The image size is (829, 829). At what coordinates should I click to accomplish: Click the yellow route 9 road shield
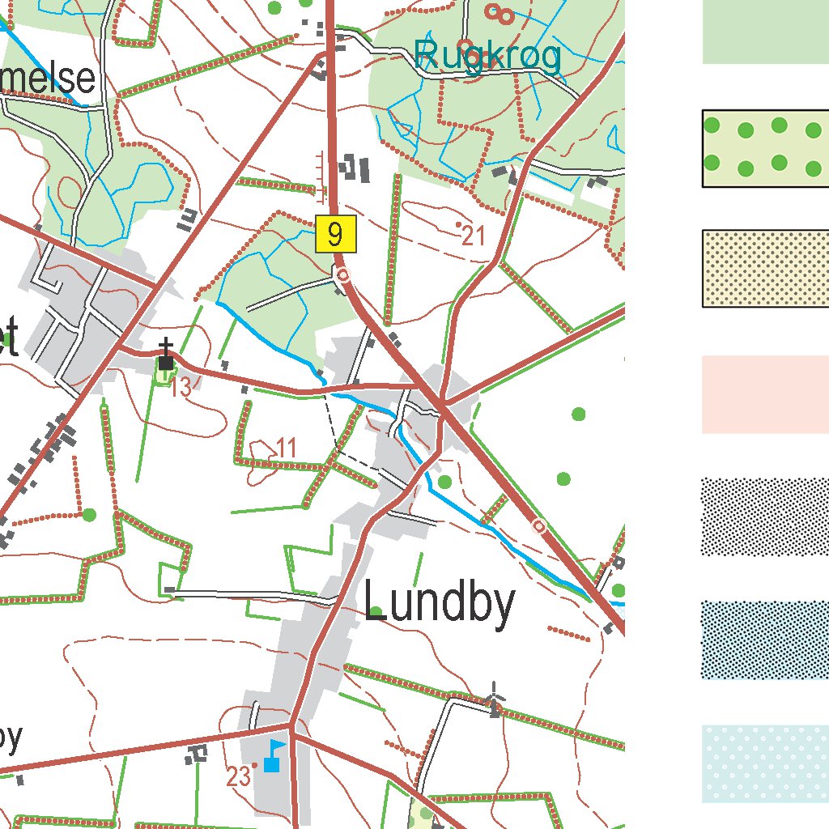coord(335,235)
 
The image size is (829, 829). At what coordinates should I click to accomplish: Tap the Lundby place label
coord(440,603)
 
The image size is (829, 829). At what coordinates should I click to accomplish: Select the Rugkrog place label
coord(487,57)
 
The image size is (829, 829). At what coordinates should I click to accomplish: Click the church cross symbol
coord(166,356)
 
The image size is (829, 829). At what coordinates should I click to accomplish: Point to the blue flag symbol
coord(274,755)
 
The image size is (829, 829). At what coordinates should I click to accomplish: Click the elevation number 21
coord(474,236)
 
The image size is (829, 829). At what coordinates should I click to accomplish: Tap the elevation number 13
coord(181,388)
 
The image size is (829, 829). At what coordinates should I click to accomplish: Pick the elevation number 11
coord(286,447)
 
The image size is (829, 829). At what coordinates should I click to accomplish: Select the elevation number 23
coord(238,777)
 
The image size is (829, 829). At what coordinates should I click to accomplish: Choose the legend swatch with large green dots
coord(765,149)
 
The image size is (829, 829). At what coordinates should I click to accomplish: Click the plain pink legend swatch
coord(765,394)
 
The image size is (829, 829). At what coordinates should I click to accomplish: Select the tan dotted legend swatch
coord(765,269)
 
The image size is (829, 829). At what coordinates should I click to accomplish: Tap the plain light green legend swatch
coord(765,32)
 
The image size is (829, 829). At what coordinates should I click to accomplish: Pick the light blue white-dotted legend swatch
coord(765,763)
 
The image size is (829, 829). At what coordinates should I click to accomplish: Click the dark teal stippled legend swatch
coord(765,640)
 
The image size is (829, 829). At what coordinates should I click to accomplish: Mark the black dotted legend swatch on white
coord(765,517)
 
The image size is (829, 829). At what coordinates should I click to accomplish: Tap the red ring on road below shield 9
coord(343,275)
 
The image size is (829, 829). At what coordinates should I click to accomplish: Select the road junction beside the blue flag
coord(291,723)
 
